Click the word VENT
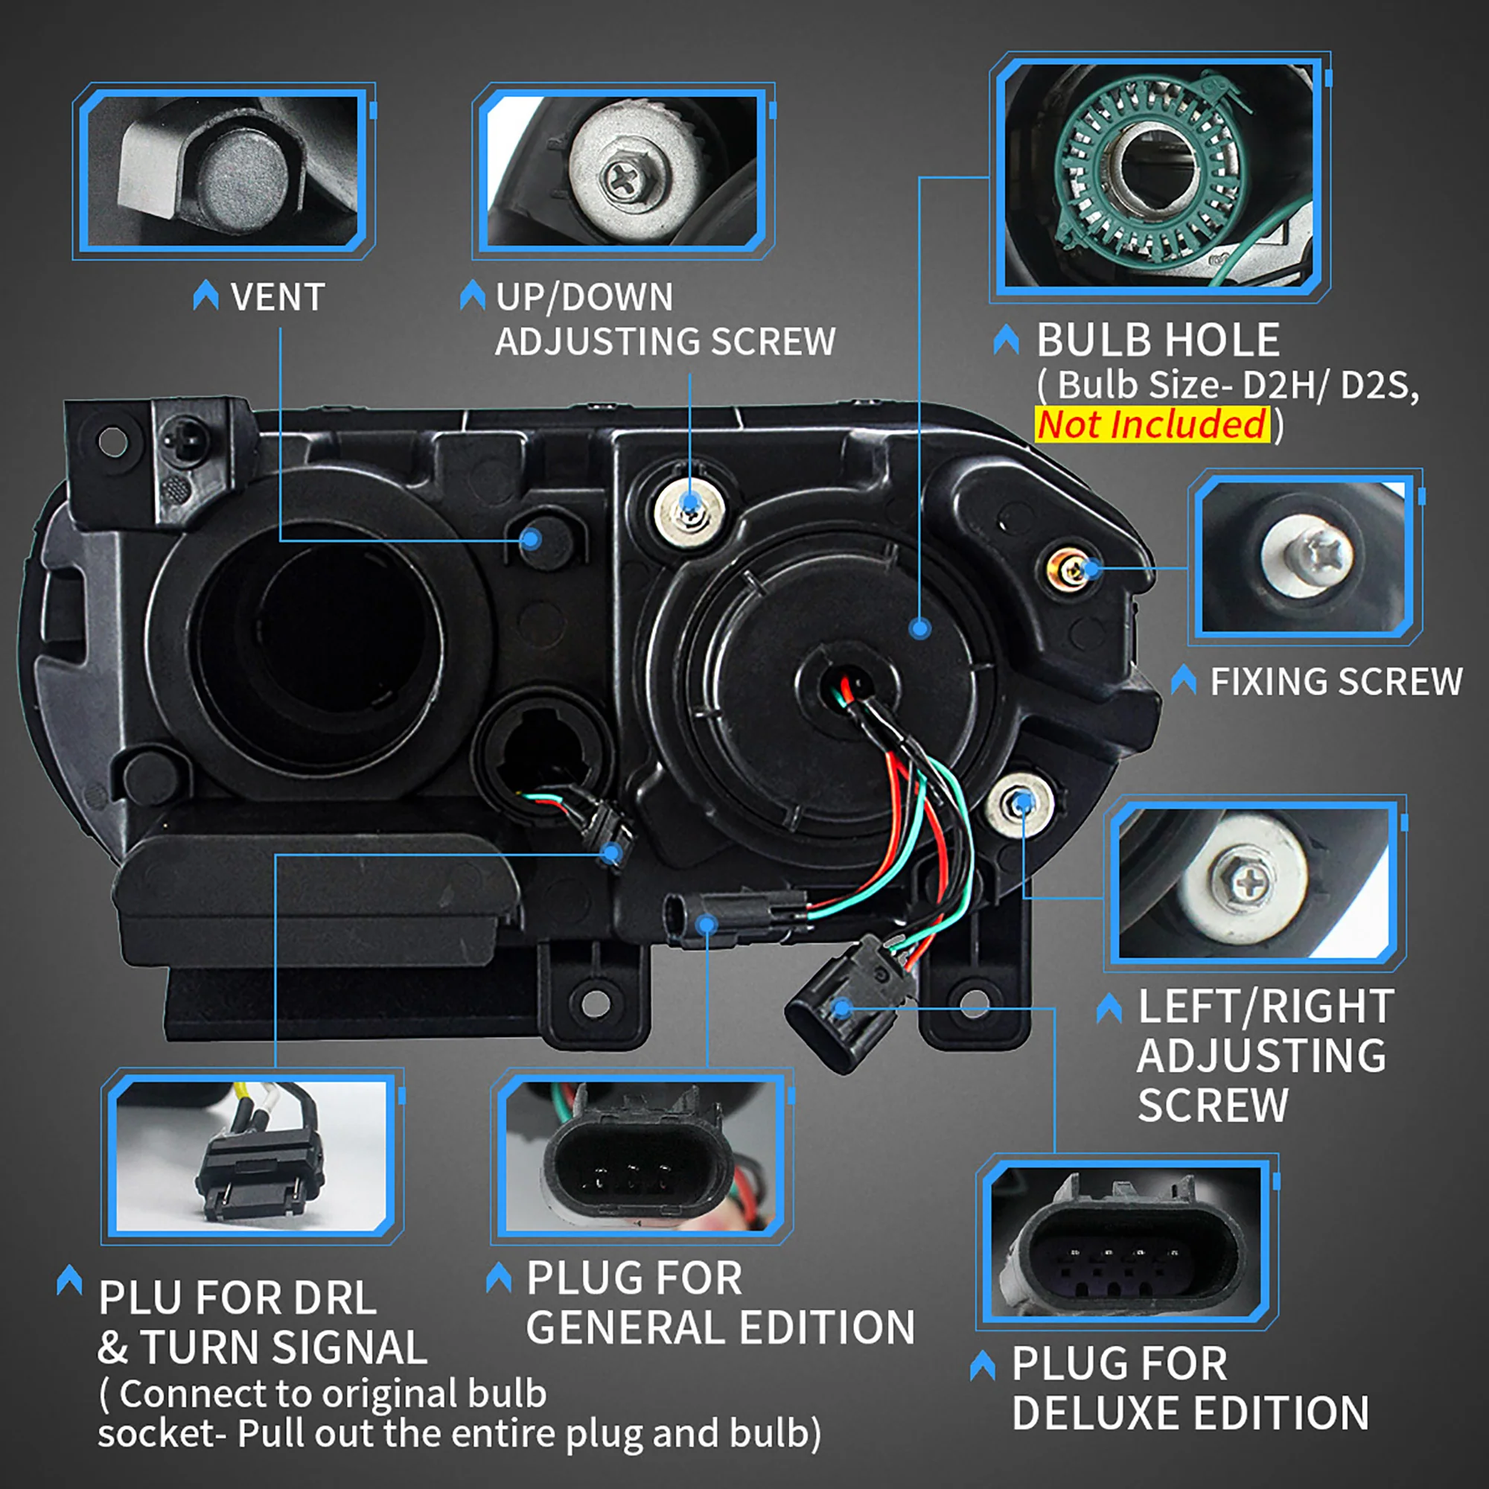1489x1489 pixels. (x=278, y=298)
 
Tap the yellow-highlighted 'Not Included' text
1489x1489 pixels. (x=1152, y=424)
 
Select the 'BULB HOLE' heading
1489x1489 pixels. (x=1157, y=340)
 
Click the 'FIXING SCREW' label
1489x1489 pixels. (x=1336, y=682)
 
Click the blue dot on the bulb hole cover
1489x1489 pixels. (x=919, y=628)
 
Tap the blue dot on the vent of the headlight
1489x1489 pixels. (x=531, y=539)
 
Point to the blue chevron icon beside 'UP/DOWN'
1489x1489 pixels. (x=473, y=296)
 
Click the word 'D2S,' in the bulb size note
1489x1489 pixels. (x=1379, y=385)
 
